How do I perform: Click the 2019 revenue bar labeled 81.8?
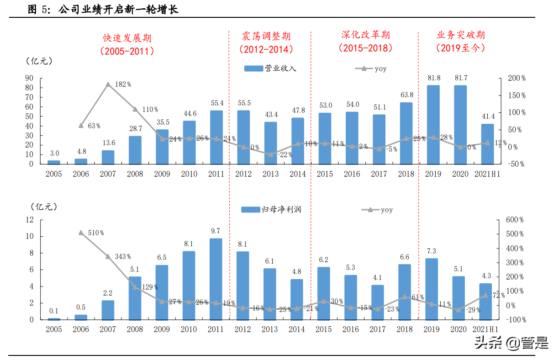click(433, 124)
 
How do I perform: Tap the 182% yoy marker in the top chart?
click(108, 85)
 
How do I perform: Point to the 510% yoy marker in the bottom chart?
click(81, 233)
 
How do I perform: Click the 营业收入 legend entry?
click(270, 69)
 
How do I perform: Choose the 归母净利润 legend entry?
click(271, 210)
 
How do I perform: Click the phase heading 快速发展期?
click(127, 37)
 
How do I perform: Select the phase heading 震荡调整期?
click(266, 37)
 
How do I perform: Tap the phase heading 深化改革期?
click(365, 35)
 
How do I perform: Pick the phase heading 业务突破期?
click(460, 35)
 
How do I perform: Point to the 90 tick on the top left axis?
click(29, 79)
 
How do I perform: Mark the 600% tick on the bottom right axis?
click(515, 220)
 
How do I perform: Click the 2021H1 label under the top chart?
click(487, 174)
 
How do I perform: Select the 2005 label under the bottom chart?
click(53, 329)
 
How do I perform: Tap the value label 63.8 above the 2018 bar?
click(406, 95)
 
